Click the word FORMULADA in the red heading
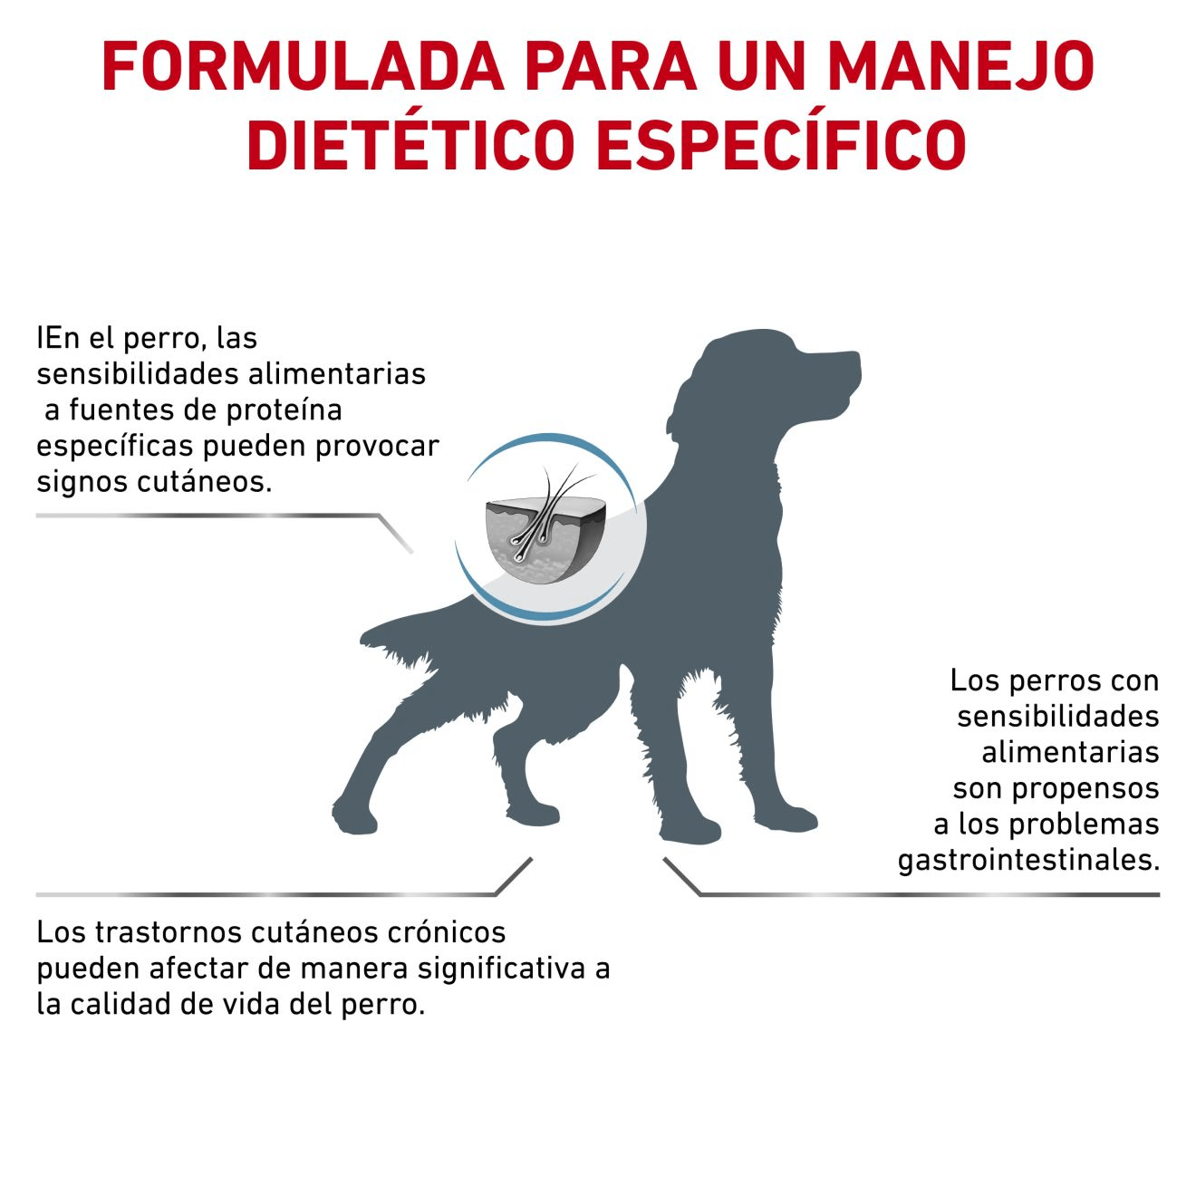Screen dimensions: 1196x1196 pyautogui.click(x=303, y=67)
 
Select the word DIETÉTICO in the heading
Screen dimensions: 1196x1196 pyautogui.click(x=410, y=144)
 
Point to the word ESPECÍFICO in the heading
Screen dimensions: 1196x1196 pyautogui.click(x=781, y=144)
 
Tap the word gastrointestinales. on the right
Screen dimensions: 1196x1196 pyautogui.click(x=1028, y=860)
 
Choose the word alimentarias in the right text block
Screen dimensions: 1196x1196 pyautogui.click(x=1070, y=752)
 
